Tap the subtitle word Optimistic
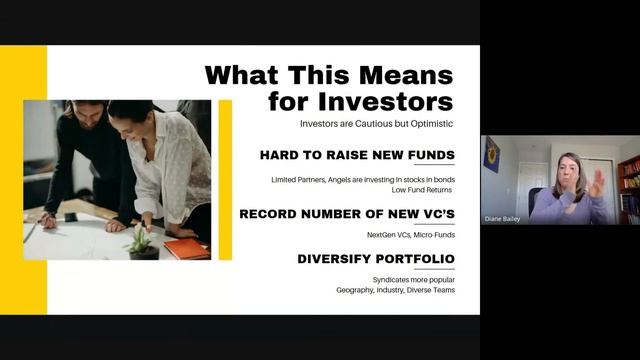(x=425, y=123)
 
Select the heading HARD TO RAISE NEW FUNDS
(x=357, y=155)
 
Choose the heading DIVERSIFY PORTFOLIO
(x=376, y=259)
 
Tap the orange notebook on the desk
(x=187, y=248)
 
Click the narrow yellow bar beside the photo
(x=225, y=179)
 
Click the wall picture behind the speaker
(x=492, y=155)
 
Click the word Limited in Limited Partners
(x=284, y=179)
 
